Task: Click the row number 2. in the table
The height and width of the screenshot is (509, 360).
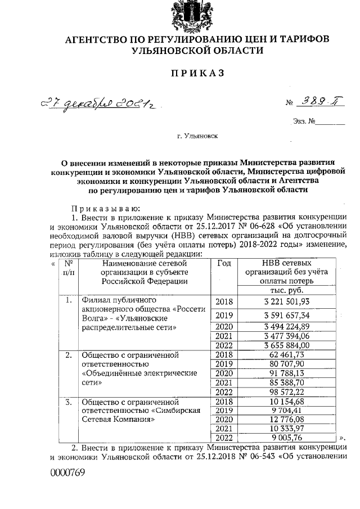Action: pyautogui.click(x=68, y=355)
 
